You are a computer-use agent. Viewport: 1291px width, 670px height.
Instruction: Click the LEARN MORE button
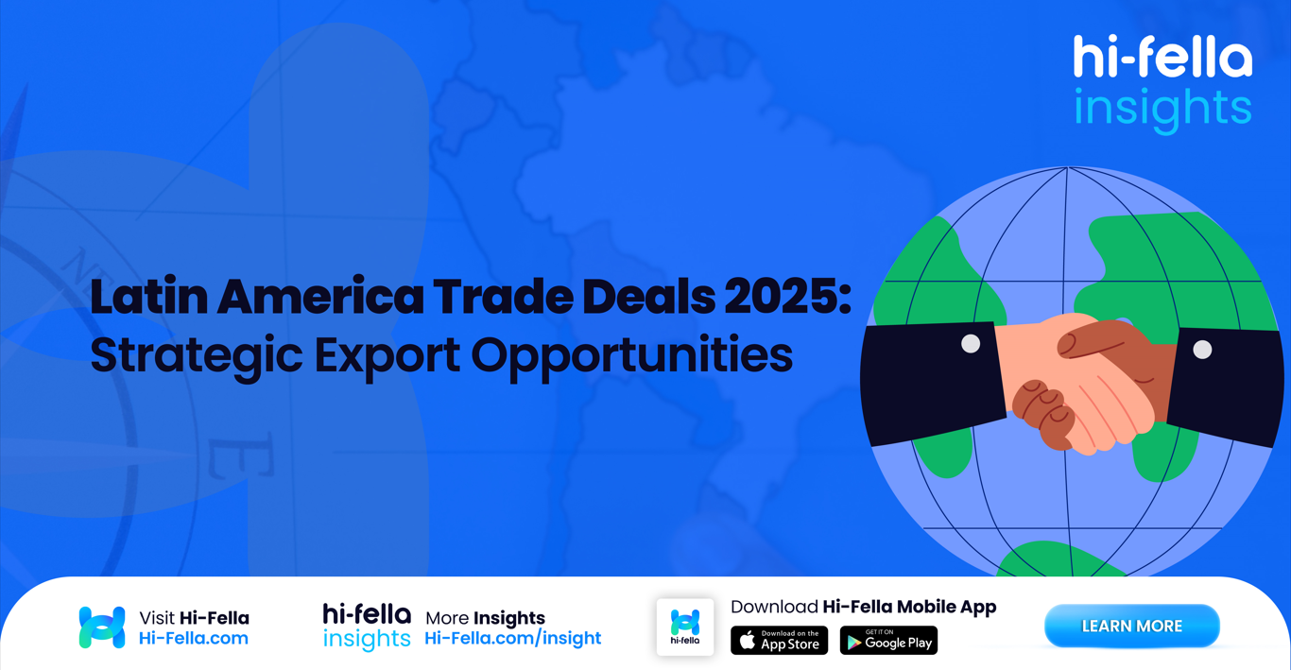click(x=1131, y=627)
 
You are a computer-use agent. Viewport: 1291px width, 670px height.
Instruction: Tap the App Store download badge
click(x=780, y=641)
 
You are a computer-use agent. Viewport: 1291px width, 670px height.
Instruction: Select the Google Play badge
click(x=888, y=641)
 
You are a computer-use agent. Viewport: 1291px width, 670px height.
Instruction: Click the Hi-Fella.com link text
click(x=194, y=639)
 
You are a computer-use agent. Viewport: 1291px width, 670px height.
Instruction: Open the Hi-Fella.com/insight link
click(x=512, y=639)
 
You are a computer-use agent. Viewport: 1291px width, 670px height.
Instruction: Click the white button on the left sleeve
click(x=971, y=344)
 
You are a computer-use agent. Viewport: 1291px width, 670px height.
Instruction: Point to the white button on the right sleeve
click(x=1202, y=350)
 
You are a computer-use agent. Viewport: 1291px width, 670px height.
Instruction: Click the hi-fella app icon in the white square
click(x=685, y=627)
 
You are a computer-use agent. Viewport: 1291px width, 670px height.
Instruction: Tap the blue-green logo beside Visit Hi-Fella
click(x=102, y=627)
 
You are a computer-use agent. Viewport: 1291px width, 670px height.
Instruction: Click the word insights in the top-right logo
click(x=1162, y=108)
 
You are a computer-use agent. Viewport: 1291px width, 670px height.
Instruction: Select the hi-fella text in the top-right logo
click(x=1162, y=59)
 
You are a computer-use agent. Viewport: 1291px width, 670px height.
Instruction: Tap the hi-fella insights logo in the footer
click(x=367, y=627)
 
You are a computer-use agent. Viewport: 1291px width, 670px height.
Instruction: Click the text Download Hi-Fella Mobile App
click(x=863, y=607)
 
